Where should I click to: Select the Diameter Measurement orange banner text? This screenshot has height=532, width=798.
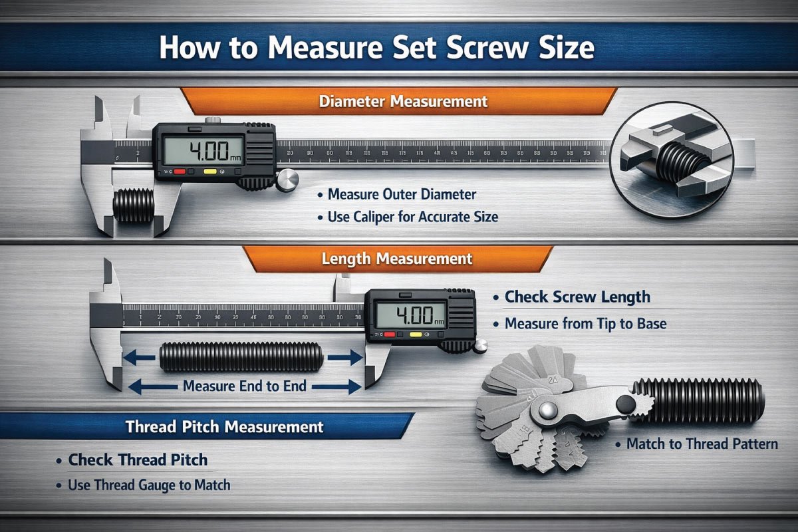403,102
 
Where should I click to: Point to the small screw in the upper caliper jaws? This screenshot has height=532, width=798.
132,207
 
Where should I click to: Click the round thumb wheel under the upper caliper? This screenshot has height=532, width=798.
287,180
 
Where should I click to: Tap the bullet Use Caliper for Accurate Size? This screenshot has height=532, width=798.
412,217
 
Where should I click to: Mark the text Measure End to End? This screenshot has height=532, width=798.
244,386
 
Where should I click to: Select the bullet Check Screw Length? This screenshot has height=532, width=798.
577,297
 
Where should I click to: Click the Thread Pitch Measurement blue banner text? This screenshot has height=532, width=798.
224,426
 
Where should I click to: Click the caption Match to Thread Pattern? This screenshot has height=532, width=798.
702,444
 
